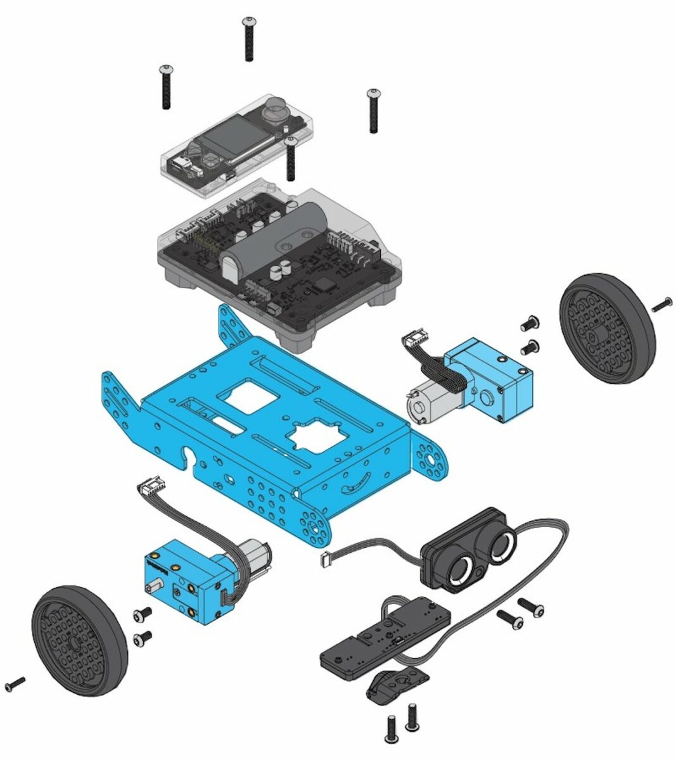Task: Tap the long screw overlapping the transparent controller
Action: tap(291, 157)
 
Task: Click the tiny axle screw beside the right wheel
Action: tap(660, 305)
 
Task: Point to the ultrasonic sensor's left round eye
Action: tap(461, 568)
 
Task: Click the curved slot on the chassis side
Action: tap(355, 483)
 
